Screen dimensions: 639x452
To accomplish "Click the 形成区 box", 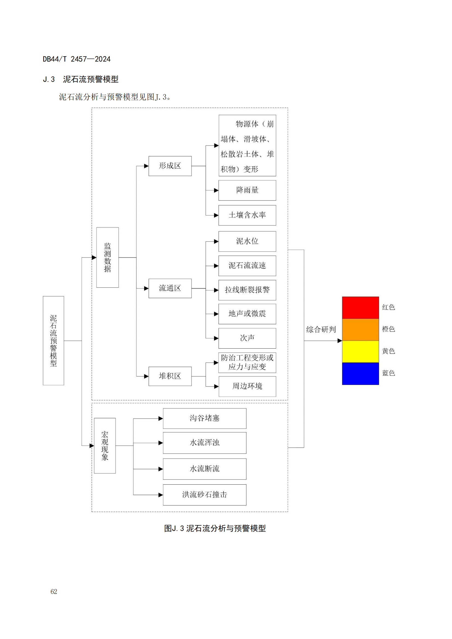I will point(170,166).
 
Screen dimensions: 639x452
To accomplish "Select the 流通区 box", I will point(170,288).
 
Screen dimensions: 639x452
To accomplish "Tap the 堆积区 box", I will point(170,376).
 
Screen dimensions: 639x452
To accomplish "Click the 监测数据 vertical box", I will point(107,257).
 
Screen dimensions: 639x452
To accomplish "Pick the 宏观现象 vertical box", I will point(105,446).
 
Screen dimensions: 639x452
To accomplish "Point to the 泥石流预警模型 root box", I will point(54,341).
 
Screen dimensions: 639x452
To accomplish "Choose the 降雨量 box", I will point(247,190).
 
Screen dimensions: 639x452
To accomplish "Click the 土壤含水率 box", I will point(247,215).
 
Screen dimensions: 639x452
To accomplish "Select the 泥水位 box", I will point(247,241).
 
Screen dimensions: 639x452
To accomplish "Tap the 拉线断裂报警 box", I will point(247,290).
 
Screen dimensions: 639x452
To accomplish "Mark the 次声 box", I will point(247,338).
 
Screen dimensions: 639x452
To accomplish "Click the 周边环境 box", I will point(247,386).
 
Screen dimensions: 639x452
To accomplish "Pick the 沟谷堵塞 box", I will point(205,418).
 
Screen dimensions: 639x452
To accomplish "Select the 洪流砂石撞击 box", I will point(205,495).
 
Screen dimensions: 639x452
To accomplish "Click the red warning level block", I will point(360,308).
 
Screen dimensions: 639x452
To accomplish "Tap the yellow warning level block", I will point(360,352).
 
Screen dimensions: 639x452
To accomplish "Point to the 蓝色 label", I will point(389,373).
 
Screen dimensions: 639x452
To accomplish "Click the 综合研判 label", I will point(321,329).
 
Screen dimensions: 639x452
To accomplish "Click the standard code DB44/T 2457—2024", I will point(77,59).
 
